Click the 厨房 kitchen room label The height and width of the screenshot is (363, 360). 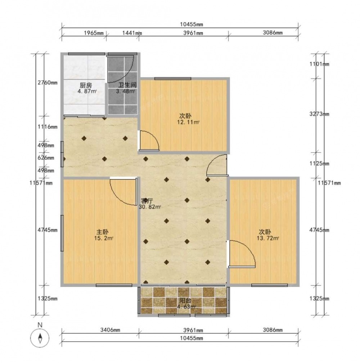86,85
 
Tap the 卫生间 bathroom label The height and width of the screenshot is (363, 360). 127,85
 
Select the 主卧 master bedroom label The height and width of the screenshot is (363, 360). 103,232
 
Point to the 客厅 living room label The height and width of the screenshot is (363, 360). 147,201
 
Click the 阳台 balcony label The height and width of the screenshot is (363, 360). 185,301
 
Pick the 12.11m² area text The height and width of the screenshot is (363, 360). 188,122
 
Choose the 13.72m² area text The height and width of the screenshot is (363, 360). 268,238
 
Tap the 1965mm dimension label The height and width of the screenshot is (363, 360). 94,33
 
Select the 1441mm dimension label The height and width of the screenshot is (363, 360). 132,33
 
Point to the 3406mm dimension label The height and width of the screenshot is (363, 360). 110,330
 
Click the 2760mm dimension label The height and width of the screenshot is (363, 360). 48,83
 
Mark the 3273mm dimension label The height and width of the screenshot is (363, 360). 319,114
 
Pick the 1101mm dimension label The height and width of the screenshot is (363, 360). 319,64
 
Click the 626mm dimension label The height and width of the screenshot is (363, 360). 46,158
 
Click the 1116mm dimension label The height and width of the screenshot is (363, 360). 48,127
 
